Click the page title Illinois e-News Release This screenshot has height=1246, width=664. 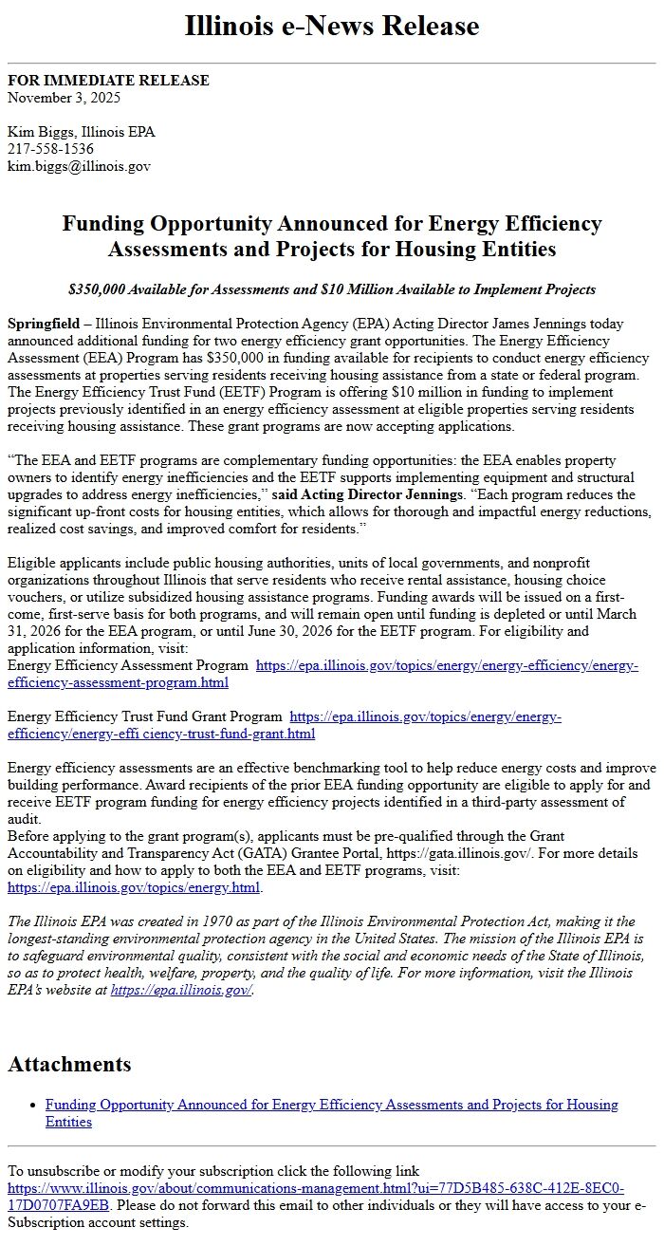(332, 26)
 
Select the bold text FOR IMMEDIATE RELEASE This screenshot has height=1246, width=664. (108, 81)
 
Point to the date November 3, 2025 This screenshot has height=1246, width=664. (64, 98)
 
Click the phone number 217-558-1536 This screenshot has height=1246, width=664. (50, 149)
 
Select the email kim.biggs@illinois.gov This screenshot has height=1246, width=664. (79, 166)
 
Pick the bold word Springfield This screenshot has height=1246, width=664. (44, 324)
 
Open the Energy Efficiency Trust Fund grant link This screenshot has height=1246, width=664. (285, 725)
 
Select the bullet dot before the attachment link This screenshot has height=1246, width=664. (33, 1105)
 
